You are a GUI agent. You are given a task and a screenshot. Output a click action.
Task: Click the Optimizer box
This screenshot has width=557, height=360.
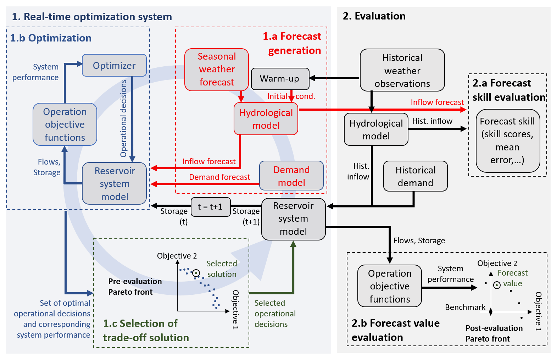point(114,66)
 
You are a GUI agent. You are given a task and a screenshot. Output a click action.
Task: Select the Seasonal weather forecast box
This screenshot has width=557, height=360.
point(217,70)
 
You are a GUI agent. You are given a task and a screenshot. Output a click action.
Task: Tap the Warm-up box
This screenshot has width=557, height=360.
point(280,79)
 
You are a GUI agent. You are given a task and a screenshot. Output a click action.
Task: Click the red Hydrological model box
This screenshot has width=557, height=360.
point(266,119)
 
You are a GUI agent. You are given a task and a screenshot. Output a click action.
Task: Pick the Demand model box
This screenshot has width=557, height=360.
point(291,176)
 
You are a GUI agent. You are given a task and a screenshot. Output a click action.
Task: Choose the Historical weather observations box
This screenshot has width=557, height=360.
point(402,71)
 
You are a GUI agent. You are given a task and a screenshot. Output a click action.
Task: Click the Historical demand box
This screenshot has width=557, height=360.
point(415,176)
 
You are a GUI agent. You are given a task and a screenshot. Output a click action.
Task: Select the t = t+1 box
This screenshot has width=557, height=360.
point(211,207)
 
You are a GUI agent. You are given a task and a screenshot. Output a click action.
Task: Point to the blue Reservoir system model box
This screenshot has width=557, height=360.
point(115,184)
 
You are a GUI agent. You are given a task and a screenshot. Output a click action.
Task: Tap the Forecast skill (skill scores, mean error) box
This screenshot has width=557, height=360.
point(507,141)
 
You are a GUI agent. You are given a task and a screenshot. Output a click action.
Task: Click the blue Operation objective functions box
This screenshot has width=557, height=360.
point(65,124)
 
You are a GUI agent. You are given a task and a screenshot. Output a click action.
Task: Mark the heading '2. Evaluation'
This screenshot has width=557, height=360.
point(374,16)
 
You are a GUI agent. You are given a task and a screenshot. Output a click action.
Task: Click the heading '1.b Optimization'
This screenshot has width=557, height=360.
point(51,38)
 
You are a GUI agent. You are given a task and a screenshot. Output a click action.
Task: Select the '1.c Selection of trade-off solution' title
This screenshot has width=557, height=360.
point(146,331)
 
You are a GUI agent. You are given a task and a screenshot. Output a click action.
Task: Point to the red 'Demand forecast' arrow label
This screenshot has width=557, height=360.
point(219,177)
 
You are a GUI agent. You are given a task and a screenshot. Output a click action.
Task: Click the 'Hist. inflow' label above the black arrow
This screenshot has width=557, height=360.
point(432,121)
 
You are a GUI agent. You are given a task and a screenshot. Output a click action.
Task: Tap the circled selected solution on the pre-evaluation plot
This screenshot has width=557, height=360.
point(196,273)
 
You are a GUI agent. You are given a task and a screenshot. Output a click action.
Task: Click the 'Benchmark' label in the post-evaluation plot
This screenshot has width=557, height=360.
point(465,307)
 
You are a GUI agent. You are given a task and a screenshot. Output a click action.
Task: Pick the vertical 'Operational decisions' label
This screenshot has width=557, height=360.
point(123,118)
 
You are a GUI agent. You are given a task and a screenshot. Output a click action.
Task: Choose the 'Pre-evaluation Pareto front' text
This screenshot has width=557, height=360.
point(135,287)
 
